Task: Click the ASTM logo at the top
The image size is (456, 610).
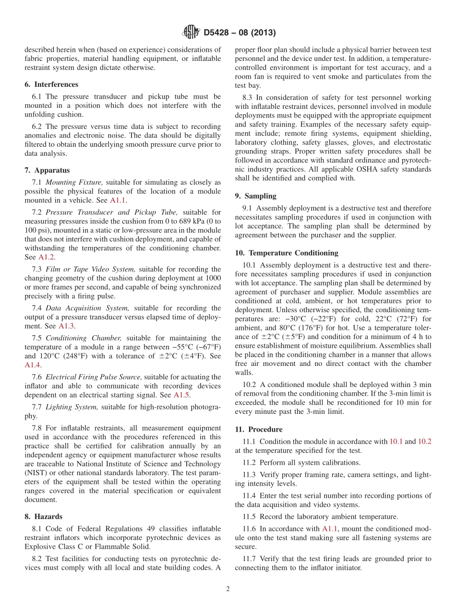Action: point(191,33)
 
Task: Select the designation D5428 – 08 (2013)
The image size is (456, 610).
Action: point(240,33)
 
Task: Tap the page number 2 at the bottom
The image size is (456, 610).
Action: point(228,589)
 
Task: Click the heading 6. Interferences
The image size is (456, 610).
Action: point(51,84)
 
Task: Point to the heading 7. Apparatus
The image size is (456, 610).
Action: point(47,170)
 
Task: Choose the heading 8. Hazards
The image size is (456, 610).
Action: point(44,516)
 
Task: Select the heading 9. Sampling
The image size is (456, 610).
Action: point(256,196)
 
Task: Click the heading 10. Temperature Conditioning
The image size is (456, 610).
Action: point(287,253)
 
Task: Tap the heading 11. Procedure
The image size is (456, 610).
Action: point(259,429)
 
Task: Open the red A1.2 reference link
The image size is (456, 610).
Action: point(46,257)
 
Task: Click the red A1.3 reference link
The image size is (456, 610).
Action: point(66,326)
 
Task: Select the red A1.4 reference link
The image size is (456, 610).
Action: point(33,365)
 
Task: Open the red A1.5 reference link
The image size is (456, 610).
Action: point(181,395)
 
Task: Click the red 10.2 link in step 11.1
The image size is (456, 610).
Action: point(424,442)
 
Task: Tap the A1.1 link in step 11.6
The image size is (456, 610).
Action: point(330,529)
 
